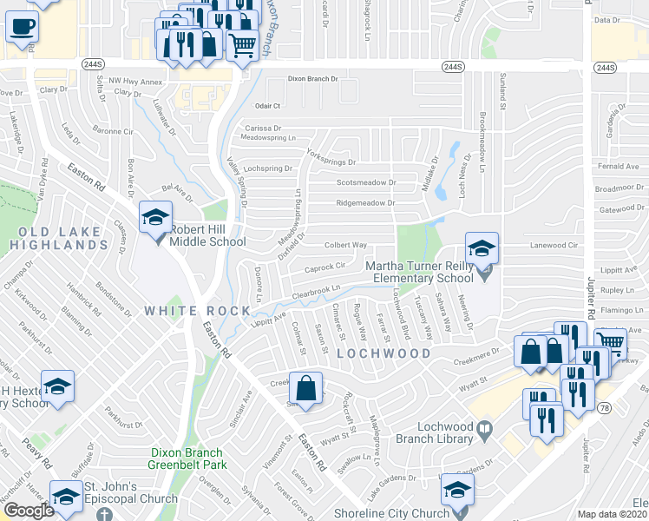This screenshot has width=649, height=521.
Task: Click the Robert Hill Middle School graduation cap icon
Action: tap(155, 218)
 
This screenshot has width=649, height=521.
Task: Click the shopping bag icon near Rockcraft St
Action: tap(305, 387)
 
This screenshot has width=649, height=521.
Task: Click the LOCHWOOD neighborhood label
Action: tap(383, 353)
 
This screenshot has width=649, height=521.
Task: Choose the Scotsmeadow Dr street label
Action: tap(366, 183)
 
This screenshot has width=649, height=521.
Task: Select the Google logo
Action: tap(29, 511)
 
